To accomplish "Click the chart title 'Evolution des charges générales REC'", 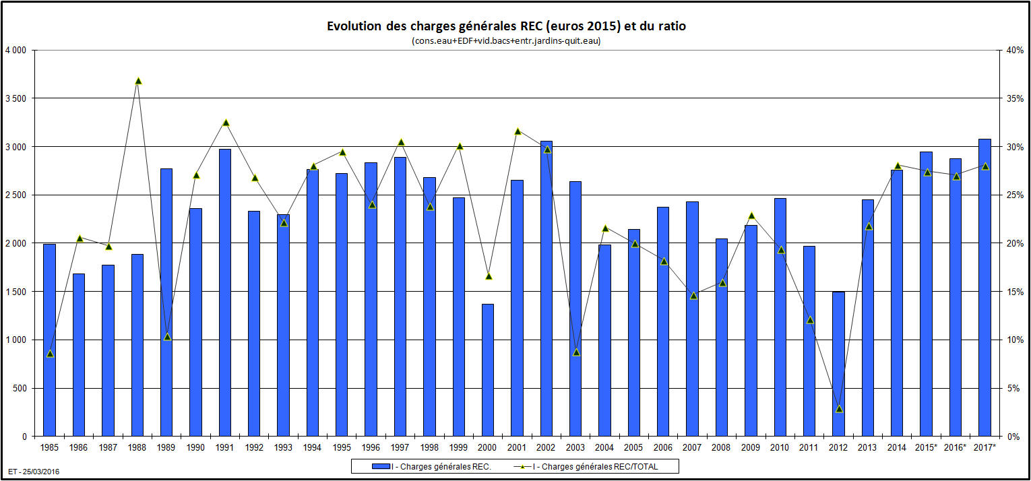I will tap(506, 26).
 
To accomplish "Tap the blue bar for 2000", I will tap(488, 370).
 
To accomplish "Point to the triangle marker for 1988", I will tap(138, 81).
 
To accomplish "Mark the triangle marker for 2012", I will tap(839, 409).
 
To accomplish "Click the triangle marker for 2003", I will tap(576, 352).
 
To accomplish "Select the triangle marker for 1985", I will tap(50, 354).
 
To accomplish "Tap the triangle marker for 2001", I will tap(518, 131).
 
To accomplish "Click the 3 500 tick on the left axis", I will tap(14, 98).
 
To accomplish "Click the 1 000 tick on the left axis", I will tap(14, 340).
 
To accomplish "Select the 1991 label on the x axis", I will tap(225, 447).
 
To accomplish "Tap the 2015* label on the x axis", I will tap(927, 447).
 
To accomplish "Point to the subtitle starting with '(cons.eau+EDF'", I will tap(506, 41).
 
